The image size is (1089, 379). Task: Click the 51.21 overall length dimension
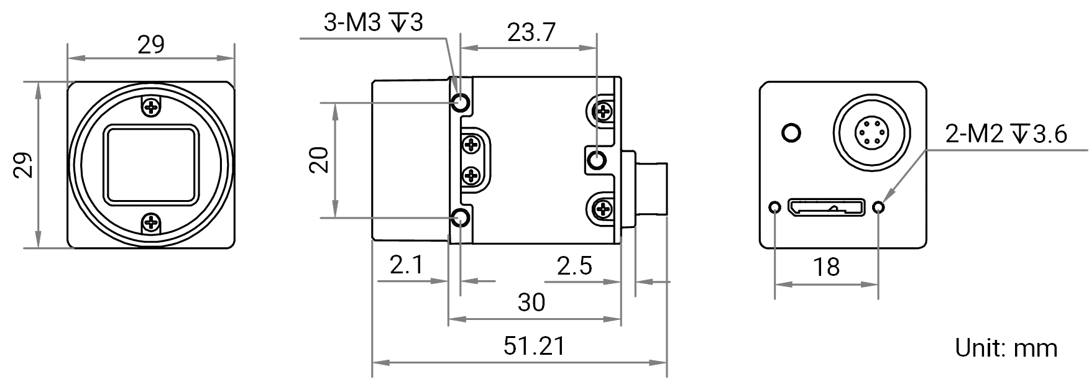click(x=535, y=346)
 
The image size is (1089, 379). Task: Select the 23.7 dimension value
click(x=531, y=32)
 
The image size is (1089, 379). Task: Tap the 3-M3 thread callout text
click(x=373, y=23)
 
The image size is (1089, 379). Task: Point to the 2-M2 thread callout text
click(x=1006, y=134)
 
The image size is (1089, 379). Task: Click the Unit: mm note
click(x=1006, y=347)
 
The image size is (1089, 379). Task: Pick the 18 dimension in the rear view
click(x=826, y=267)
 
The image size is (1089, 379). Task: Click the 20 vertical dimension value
click(x=318, y=160)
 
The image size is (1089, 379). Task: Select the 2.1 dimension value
click(x=407, y=265)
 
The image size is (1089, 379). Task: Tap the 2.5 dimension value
click(x=574, y=266)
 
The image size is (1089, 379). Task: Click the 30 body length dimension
click(x=531, y=303)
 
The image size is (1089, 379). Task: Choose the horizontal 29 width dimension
click(x=151, y=45)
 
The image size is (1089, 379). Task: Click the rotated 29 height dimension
click(x=23, y=165)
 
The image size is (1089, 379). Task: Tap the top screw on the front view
click(x=151, y=107)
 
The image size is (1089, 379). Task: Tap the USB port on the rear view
click(x=826, y=206)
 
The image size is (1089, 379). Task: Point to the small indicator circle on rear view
click(x=791, y=132)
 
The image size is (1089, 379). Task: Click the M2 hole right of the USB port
click(x=878, y=206)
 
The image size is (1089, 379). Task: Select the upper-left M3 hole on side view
click(x=461, y=102)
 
